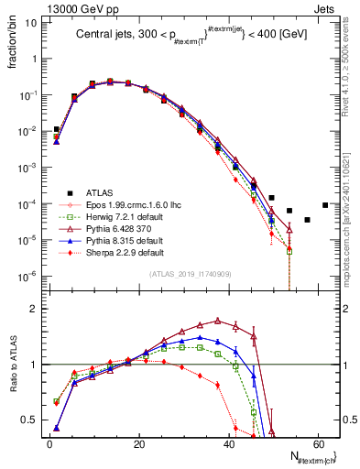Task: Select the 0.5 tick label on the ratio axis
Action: click(29, 420)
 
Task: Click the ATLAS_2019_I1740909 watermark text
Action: click(190, 275)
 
